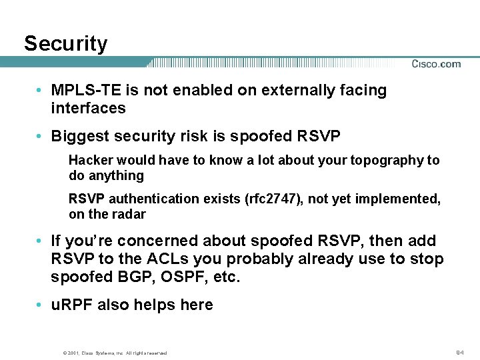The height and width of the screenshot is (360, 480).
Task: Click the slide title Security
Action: click(x=65, y=44)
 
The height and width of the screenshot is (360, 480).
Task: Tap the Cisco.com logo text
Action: click(x=436, y=64)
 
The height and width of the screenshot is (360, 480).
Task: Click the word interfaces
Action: click(x=88, y=108)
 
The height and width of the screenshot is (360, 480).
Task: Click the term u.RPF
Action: click(x=73, y=305)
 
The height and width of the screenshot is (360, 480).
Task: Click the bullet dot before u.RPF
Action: click(x=41, y=305)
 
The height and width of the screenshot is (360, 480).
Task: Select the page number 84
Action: click(x=459, y=351)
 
